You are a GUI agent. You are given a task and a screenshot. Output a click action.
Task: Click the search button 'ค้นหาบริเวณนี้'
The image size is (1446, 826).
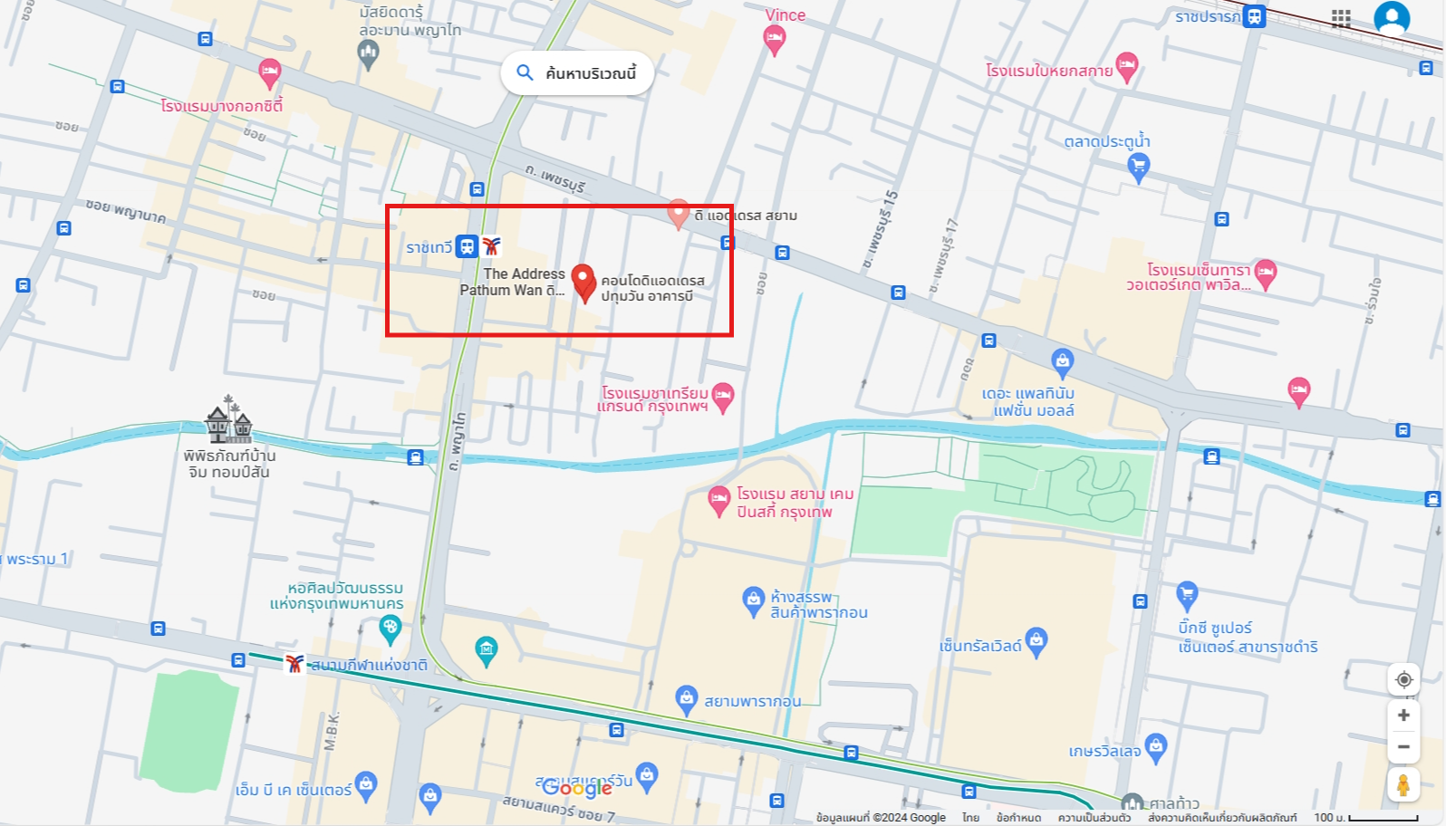[x=577, y=73]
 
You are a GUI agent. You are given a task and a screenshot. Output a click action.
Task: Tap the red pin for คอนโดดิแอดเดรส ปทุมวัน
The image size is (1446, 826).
[x=583, y=280]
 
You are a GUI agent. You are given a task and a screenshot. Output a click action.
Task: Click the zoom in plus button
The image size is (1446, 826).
[x=1403, y=716]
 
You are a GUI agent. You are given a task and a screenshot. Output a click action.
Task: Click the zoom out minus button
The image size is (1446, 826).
[x=1403, y=747]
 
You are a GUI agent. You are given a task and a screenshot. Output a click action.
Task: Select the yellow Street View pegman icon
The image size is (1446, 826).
[x=1403, y=785]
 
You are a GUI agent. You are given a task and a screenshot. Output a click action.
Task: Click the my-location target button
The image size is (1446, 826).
[x=1403, y=680]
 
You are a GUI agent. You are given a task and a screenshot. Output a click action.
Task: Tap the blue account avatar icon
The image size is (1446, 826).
[x=1391, y=18]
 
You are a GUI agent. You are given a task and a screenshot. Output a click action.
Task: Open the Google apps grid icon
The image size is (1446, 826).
[x=1341, y=18]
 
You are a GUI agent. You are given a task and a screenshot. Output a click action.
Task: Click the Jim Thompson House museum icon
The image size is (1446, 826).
[x=228, y=420]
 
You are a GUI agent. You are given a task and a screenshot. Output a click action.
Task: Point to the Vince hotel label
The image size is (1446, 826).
[x=785, y=15]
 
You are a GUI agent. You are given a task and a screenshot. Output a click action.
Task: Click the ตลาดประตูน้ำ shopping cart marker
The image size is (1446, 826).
[x=1138, y=165]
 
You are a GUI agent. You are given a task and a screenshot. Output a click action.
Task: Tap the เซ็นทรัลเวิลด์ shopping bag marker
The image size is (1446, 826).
[x=1036, y=640]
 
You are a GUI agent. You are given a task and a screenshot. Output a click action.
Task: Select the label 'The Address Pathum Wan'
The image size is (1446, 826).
[x=513, y=282]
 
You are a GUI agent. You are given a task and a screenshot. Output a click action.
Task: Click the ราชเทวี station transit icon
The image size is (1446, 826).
[x=467, y=246]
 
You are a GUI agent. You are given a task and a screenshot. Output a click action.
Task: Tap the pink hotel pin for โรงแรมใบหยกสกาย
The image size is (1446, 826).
[x=1127, y=64]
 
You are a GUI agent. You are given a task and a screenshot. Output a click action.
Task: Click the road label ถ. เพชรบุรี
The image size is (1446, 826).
[x=555, y=178]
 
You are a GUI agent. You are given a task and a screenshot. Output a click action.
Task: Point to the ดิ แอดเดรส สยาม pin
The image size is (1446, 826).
[x=679, y=213]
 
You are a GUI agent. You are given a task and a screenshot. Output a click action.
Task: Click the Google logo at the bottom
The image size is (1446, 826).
[x=577, y=788]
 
